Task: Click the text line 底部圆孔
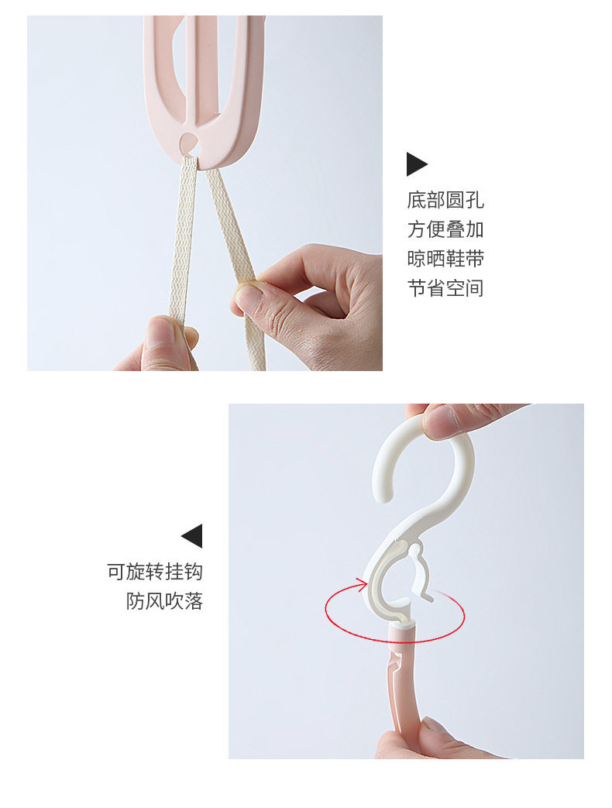click(x=445, y=200)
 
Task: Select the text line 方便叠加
click(x=445, y=229)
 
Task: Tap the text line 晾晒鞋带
click(x=445, y=259)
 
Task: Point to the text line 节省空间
click(x=445, y=288)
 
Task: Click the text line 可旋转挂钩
click(x=154, y=572)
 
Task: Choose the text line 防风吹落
click(x=164, y=601)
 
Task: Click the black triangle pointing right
click(x=416, y=164)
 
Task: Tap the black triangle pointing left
click(x=192, y=536)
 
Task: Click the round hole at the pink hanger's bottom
click(x=188, y=141)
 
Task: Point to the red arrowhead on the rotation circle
click(x=361, y=585)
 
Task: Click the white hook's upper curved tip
click(x=383, y=490)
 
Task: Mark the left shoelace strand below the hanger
click(x=182, y=258)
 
